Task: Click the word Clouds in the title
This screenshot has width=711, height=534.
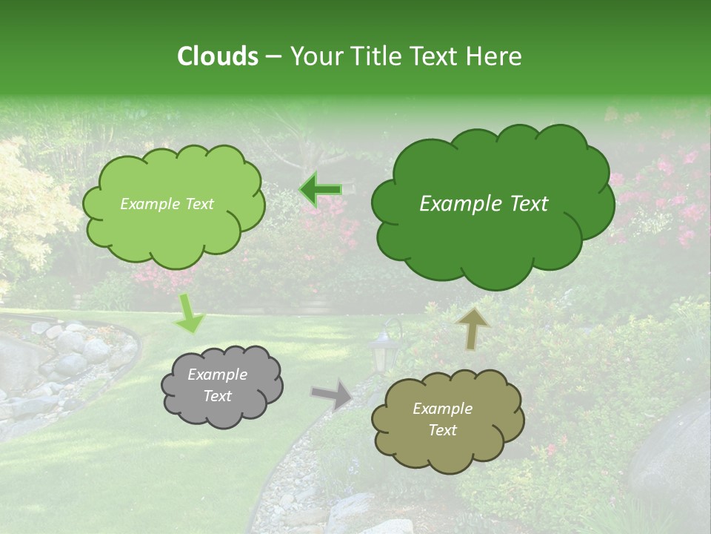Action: point(217,56)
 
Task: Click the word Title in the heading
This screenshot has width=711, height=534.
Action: point(373,56)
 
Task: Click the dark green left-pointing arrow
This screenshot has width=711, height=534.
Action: point(321,191)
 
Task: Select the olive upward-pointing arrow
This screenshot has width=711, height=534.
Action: point(472,329)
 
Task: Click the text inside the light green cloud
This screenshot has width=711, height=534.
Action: point(167,204)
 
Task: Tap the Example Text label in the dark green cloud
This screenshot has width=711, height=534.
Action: point(484,204)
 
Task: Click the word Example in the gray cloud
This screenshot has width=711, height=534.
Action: point(217,375)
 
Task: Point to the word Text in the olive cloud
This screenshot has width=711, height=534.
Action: point(442,430)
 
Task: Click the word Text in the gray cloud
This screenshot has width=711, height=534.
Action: point(217,396)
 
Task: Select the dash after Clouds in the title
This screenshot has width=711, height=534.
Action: point(273,57)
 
